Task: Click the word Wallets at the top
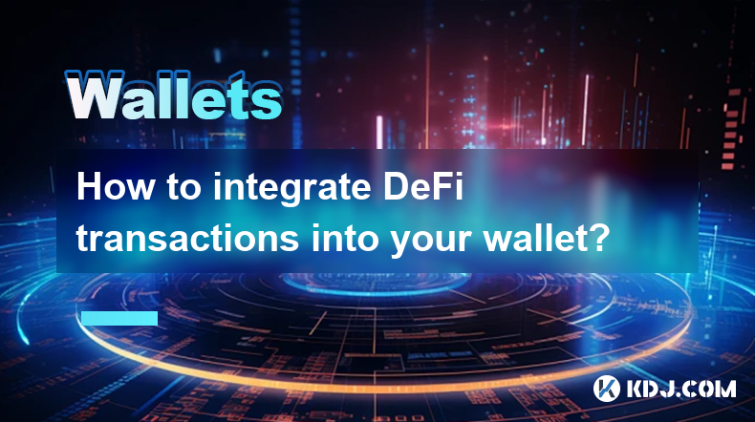[x=173, y=95]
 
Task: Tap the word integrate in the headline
[x=292, y=188]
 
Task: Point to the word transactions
[x=187, y=237]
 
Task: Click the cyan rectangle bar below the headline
[x=119, y=318]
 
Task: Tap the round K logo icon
[x=606, y=389]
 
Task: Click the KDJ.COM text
[x=680, y=389]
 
